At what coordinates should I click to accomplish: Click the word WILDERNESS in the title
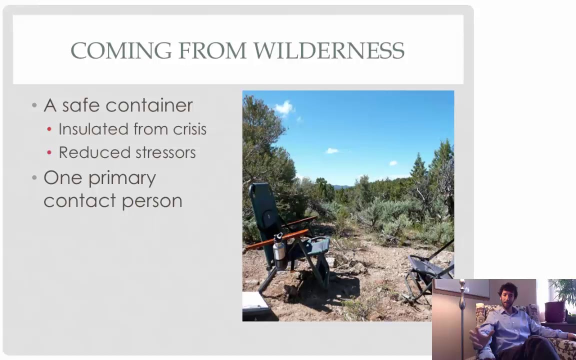pyautogui.click(x=328, y=51)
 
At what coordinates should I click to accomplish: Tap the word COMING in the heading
pyautogui.click(x=121, y=51)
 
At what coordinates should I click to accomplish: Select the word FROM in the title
pyautogui.click(x=212, y=51)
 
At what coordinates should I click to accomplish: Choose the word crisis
pyautogui.click(x=189, y=129)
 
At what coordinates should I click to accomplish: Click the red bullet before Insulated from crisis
pyautogui.click(x=49, y=129)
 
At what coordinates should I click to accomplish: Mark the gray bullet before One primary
pyautogui.click(x=34, y=178)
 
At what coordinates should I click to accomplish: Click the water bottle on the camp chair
pyautogui.click(x=279, y=251)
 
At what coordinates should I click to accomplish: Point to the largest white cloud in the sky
pyautogui.click(x=284, y=107)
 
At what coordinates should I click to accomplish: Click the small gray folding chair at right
pyautogui.click(x=427, y=272)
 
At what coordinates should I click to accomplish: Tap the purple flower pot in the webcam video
pyautogui.click(x=554, y=311)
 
